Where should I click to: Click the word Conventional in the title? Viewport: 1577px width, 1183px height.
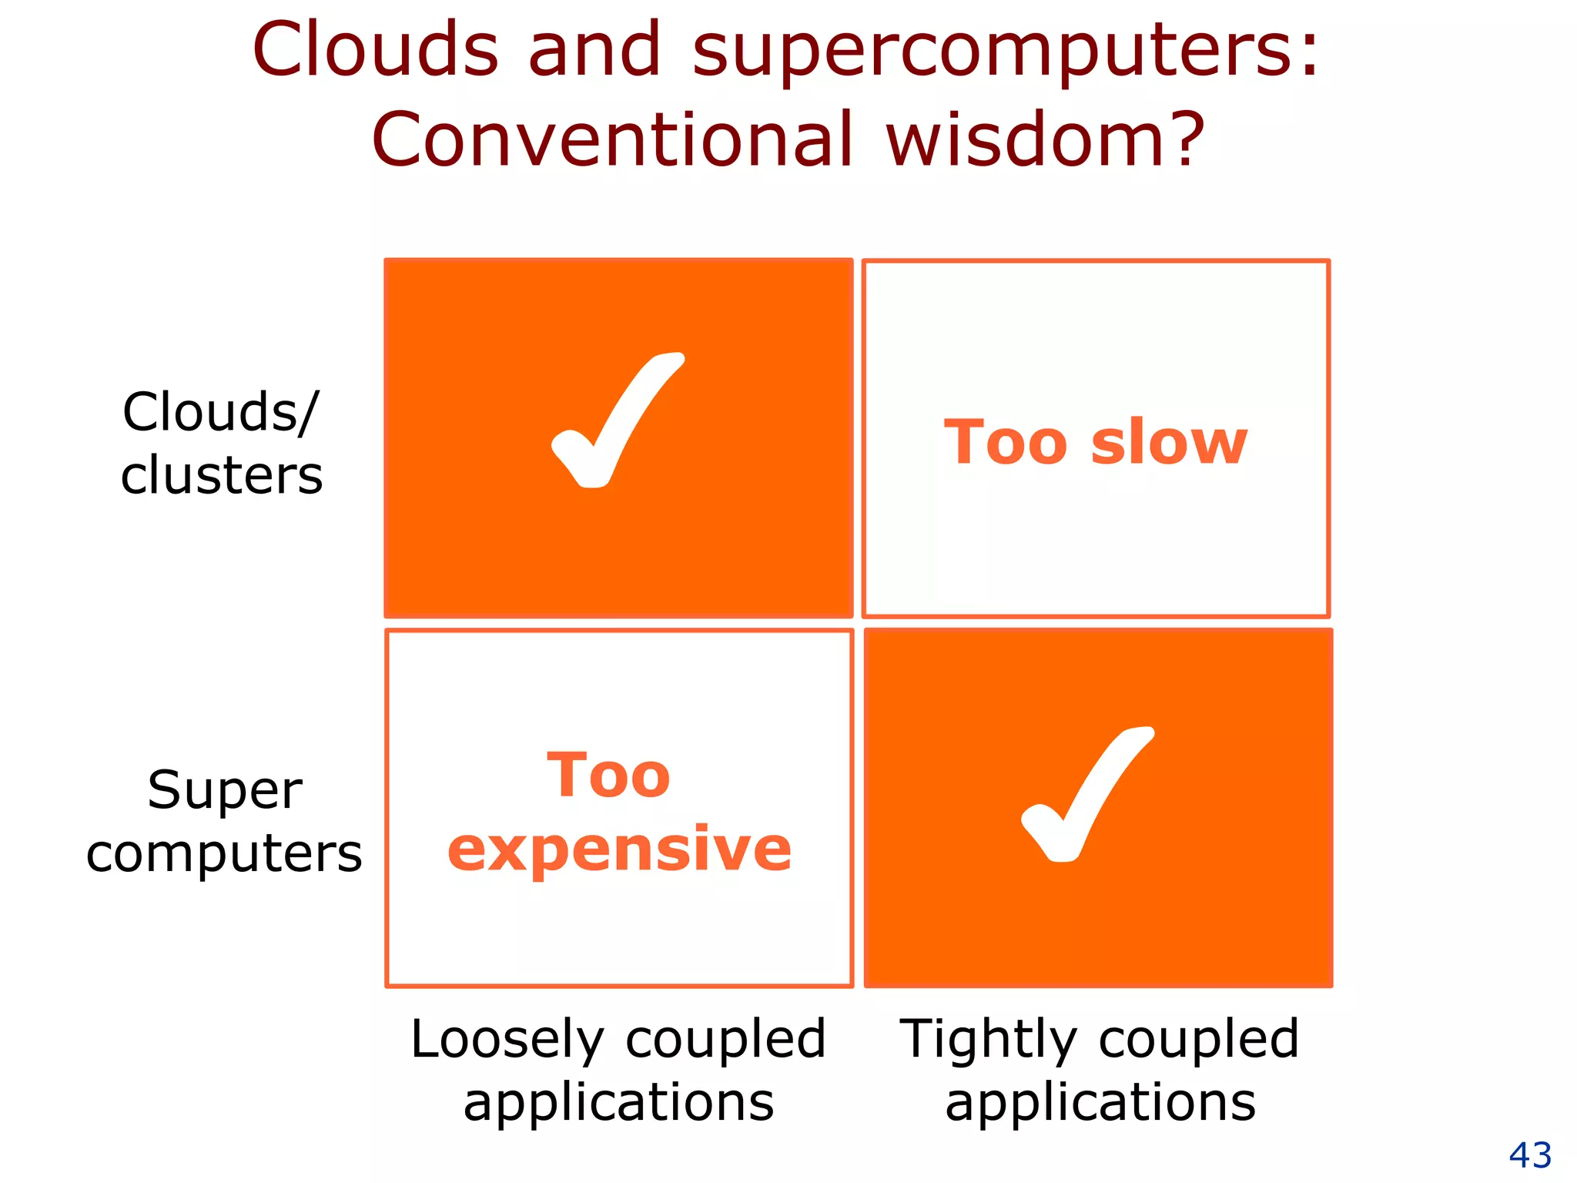[612, 140]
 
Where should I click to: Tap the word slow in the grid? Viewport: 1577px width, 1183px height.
[1168, 443]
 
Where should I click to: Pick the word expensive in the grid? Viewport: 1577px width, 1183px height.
[619, 850]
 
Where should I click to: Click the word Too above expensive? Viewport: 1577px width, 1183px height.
[608, 776]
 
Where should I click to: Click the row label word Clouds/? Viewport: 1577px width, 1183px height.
[219, 413]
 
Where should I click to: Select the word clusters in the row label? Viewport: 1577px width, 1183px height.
[222, 475]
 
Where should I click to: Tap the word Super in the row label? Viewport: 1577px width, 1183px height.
[225, 791]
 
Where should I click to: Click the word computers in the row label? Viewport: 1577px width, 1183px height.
[224, 854]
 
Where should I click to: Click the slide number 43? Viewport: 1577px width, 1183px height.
[1529, 1155]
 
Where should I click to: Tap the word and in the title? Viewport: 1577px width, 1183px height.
[594, 50]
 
